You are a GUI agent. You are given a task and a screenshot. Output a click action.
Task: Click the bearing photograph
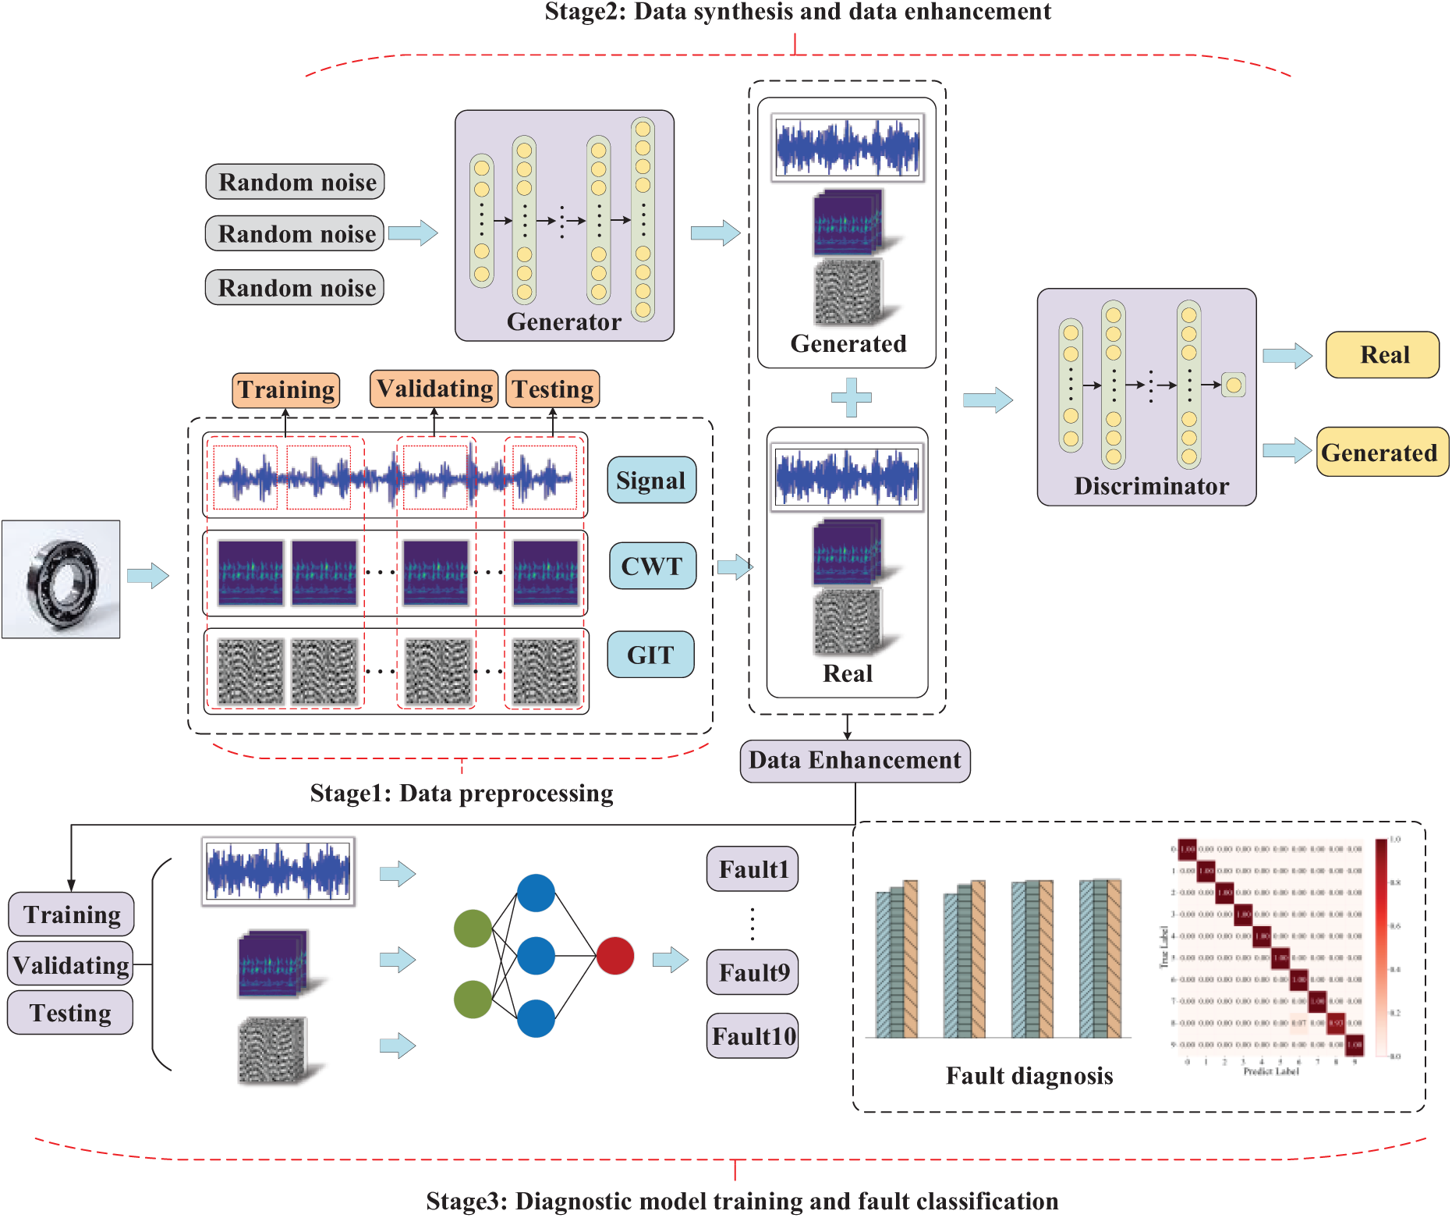click(61, 579)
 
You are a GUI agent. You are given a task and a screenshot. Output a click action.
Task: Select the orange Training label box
click(286, 389)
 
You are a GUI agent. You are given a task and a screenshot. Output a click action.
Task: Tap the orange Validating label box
click(434, 389)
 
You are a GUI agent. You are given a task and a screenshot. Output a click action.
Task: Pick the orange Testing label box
click(553, 389)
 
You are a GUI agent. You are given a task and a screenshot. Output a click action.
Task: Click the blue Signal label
click(651, 480)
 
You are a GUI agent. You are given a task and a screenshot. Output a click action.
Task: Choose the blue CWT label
click(652, 566)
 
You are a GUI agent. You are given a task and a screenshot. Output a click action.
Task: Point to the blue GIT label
click(650, 655)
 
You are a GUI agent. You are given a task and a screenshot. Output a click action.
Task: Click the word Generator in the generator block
click(564, 321)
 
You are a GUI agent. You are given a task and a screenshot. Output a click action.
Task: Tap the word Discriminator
click(1151, 486)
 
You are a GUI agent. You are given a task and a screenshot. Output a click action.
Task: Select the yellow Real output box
click(1383, 355)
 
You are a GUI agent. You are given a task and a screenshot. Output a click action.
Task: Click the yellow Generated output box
click(1380, 453)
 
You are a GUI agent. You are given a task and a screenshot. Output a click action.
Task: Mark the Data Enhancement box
click(855, 761)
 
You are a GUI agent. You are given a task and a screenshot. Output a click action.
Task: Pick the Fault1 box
click(753, 869)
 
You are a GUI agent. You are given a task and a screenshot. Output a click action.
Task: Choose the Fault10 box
click(753, 1036)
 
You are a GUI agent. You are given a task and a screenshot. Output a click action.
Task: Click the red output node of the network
click(615, 956)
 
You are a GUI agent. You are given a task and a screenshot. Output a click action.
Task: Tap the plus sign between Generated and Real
click(851, 397)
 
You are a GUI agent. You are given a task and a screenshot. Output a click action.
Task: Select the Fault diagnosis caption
click(1029, 1076)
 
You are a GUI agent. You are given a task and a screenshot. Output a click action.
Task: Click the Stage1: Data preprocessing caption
click(462, 794)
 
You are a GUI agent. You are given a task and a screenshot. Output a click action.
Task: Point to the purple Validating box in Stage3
click(71, 965)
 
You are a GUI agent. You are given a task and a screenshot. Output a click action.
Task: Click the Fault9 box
click(753, 972)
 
